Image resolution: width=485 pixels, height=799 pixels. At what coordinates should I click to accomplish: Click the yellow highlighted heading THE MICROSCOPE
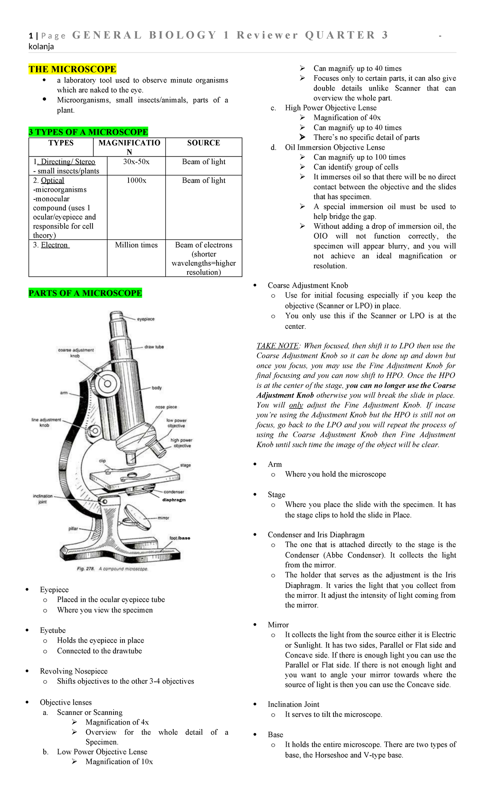(72, 69)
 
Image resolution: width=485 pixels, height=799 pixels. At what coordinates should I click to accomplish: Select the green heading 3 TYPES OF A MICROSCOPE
(88, 132)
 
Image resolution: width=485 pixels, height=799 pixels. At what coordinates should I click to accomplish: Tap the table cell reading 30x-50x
(136, 162)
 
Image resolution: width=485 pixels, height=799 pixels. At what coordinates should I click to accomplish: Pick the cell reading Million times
(136, 245)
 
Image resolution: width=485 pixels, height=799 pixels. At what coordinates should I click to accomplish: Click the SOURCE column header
(203, 143)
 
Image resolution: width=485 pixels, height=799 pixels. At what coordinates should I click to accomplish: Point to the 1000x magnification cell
(136, 180)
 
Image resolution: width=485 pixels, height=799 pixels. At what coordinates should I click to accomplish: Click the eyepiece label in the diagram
(145, 319)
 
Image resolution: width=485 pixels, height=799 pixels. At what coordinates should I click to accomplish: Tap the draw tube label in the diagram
(154, 347)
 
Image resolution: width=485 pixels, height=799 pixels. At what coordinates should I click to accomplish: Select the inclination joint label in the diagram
(42, 499)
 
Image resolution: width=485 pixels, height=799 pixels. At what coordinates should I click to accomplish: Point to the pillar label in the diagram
(73, 528)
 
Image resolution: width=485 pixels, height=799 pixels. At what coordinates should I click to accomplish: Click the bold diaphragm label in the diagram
(174, 500)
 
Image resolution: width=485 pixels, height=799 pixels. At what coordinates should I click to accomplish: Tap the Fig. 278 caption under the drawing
(112, 569)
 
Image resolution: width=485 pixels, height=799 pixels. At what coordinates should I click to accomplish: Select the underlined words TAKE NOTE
(277, 346)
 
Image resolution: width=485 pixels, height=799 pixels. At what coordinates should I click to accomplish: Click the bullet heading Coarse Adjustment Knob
(308, 285)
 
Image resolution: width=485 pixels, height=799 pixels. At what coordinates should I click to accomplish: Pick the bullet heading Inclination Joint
(293, 704)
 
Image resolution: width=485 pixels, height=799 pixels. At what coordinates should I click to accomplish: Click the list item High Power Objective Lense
(331, 108)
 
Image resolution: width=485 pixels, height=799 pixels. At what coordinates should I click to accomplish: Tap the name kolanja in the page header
(41, 46)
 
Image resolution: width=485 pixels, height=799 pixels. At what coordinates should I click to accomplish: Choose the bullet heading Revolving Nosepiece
(74, 671)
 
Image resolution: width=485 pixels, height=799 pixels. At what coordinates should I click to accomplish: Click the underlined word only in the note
(296, 405)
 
